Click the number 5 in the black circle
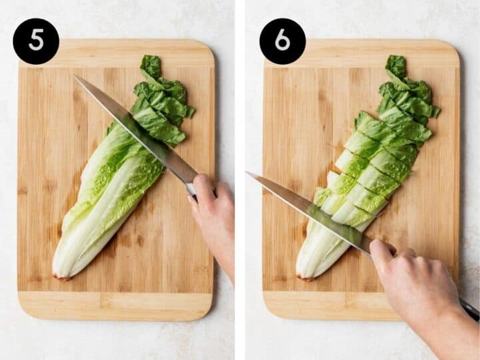(36, 41)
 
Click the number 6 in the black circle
(282, 41)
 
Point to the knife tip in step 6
(248, 173)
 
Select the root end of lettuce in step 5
(62, 275)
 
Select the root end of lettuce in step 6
(305, 275)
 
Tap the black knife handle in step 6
(469, 309)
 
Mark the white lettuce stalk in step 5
(80, 240)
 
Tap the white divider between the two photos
(239, 180)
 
